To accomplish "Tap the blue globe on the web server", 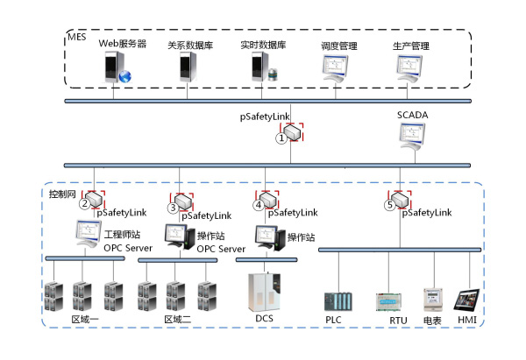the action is point(124,76).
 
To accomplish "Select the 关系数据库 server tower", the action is point(188,67).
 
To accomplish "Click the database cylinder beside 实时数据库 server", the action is point(274,75).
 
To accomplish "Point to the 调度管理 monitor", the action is point(335,68).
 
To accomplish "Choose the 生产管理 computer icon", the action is point(409,68).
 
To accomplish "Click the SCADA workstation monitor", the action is point(412,136).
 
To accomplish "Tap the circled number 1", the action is point(281,138).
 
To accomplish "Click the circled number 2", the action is point(85,203).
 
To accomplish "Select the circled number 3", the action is point(173,208).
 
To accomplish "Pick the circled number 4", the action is point(259,205).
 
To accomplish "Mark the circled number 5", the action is point(390,205).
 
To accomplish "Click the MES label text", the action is point(77,37).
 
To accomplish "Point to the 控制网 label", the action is point(62,194).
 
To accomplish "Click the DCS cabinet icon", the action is point(265,293).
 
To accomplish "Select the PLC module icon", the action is point(338,301).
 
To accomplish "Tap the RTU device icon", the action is point(388,302).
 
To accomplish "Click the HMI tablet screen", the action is point(466,300).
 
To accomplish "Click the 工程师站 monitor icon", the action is point(89,233).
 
